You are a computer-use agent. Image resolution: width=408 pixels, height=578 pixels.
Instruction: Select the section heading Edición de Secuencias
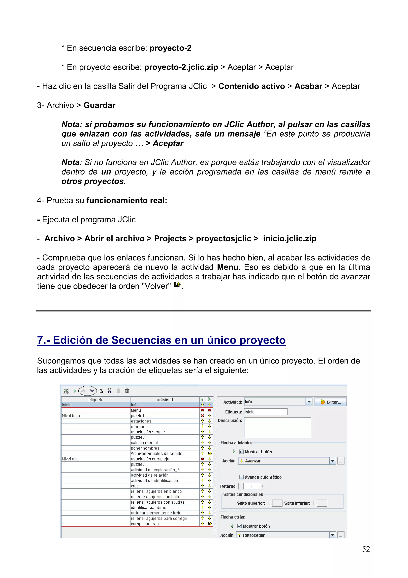pos(161,340)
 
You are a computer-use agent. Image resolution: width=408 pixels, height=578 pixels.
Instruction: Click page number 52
pos(366,549)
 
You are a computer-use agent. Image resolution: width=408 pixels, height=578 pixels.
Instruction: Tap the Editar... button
pos(330,402)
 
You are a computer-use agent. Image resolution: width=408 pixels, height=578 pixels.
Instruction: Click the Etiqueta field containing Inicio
pos(266,412)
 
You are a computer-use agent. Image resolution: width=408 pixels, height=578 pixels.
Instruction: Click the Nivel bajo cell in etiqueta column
pos(96,416)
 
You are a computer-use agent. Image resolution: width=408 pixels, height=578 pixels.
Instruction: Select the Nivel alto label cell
pos(96,459)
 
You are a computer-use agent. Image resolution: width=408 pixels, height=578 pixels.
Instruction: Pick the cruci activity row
pos(165,486)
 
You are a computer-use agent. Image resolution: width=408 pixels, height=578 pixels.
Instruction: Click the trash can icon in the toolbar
pos(127,391)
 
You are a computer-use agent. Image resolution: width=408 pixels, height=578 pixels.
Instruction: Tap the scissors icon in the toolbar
pos(109,391)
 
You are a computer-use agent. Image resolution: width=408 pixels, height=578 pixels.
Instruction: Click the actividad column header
pos(165,400)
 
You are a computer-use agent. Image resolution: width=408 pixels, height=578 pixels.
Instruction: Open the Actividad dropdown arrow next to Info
pos(309,402)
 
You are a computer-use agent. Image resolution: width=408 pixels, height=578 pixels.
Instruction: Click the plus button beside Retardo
pos(262,486)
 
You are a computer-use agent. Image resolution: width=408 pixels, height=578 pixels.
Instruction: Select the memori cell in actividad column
pos(165,426)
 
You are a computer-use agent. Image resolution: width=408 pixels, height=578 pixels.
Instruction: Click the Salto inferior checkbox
pos(315,503)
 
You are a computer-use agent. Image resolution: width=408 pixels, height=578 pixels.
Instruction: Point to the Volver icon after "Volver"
pos(177,285)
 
